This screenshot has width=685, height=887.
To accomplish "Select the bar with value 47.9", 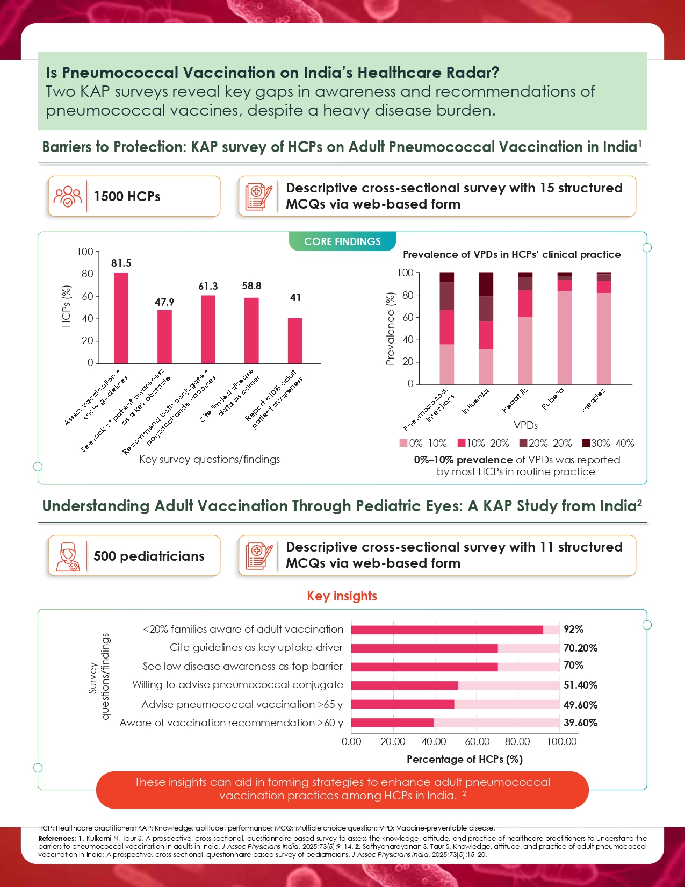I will pos(164,337).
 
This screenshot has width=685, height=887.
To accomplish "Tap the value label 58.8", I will pos(251,286).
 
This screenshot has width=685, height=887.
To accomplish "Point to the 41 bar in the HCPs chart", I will pos(295,341).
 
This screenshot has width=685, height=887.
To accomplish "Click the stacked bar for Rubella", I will pos(565,328).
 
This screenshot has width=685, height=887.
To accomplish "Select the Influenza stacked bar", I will pos(486,328).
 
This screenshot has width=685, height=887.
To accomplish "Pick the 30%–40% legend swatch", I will pos(587,443).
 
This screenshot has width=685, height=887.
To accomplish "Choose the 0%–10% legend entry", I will pos(423,443).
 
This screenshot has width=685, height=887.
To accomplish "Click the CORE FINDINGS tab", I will pos(342,242).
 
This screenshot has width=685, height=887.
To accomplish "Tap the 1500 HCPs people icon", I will pos(68,197).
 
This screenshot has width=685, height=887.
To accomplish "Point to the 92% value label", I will pos(573,630).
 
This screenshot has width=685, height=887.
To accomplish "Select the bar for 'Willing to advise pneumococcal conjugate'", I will pos(404,685).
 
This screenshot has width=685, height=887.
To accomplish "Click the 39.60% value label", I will pos(580,723).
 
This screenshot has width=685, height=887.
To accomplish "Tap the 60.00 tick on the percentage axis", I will pos(477,742).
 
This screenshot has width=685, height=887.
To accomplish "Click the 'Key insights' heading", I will pos(342,596).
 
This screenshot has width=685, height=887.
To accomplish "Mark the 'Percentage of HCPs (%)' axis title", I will pos(464,760).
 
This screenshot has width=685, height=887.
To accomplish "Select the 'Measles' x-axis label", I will pos(594,400).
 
